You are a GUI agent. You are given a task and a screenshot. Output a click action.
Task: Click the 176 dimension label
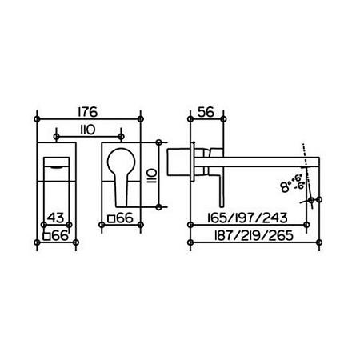click(x=88, y=112)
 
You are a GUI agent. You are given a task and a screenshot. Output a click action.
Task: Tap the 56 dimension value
click(x=206, y=112)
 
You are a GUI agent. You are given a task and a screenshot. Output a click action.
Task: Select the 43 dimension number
click(x=55, y=218)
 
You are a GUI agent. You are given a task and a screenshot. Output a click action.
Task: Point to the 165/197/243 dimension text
click(x=248, y=218)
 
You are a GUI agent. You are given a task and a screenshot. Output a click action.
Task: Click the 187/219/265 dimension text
click(x=254, y=235)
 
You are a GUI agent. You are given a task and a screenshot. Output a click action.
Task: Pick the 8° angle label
click(x=286, y=186)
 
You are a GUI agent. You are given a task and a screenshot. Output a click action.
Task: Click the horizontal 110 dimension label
click(x=88, y=130)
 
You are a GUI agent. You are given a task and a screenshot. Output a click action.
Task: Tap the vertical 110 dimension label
click(x=151, y=175)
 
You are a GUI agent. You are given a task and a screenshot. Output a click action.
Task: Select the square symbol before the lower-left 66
click(x=46, y=236)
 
